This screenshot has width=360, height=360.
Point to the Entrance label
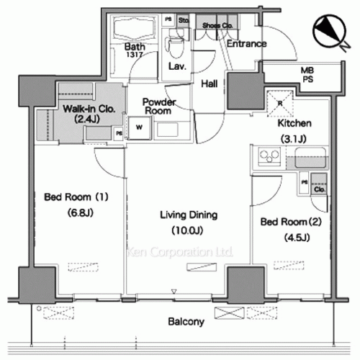(x=246, y=44)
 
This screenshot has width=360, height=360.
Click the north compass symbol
(x=330, y=30)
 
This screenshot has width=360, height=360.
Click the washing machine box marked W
(x=138, y=130)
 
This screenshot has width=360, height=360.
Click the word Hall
(x=210, y=84)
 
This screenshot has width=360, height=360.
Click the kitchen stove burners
(x=265, y=156)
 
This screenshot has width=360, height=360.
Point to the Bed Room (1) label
(x=67, y=197)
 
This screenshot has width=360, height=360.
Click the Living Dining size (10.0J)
(x=189, y=230)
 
